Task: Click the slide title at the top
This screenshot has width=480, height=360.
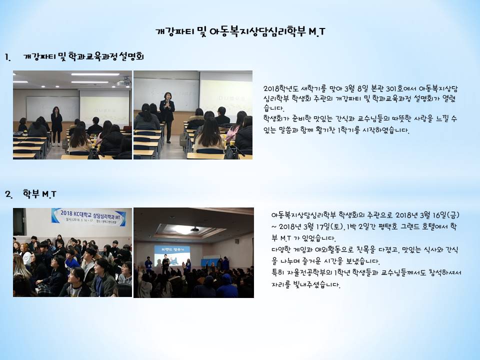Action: pos(240,31)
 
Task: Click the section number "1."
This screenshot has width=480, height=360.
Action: pos(7,57)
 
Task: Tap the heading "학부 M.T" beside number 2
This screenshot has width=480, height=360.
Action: pos(39,194)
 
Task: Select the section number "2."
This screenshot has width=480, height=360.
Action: pos(8,194)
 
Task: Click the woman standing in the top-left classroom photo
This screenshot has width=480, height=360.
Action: pos(56,126)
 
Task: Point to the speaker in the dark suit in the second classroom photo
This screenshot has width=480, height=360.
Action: pos(167,117)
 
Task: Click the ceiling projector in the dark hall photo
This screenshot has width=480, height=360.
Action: pos(194,229)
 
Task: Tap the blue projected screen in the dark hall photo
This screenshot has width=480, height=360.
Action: pos(171,256)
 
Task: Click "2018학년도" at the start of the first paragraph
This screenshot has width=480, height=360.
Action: pos(280,89)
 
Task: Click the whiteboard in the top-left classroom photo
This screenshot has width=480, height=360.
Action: pos(52,108)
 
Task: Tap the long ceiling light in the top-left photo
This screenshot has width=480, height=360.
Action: pos(95,74)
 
